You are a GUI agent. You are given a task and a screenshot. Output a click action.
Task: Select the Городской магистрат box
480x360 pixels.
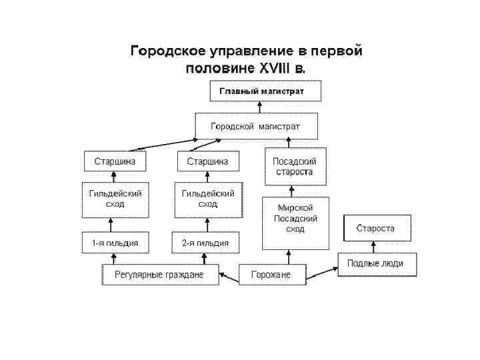256,126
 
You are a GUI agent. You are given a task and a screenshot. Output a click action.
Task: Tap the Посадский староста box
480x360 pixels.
294,167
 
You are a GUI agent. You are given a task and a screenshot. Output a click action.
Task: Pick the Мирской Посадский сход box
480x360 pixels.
294,219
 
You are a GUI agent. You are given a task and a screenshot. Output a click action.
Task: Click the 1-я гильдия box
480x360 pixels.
115,243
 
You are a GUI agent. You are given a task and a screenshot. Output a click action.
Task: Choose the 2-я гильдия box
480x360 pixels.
205,243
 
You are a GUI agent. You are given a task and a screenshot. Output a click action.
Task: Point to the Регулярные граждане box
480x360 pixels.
160,274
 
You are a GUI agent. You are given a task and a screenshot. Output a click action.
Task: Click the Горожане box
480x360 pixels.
271,274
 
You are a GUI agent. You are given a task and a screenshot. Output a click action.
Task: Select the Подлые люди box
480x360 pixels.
375,263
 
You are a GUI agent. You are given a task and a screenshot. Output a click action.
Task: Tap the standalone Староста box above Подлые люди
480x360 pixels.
375,228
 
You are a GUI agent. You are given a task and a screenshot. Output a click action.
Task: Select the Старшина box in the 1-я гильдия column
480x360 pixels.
115,161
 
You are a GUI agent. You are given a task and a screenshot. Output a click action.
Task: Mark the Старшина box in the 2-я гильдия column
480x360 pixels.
207,161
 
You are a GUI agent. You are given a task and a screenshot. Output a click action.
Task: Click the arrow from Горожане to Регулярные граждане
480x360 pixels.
229,274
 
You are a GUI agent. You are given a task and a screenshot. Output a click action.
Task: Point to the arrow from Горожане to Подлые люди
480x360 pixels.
322,271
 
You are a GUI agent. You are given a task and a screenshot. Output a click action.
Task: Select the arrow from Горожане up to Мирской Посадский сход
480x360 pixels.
289,256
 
